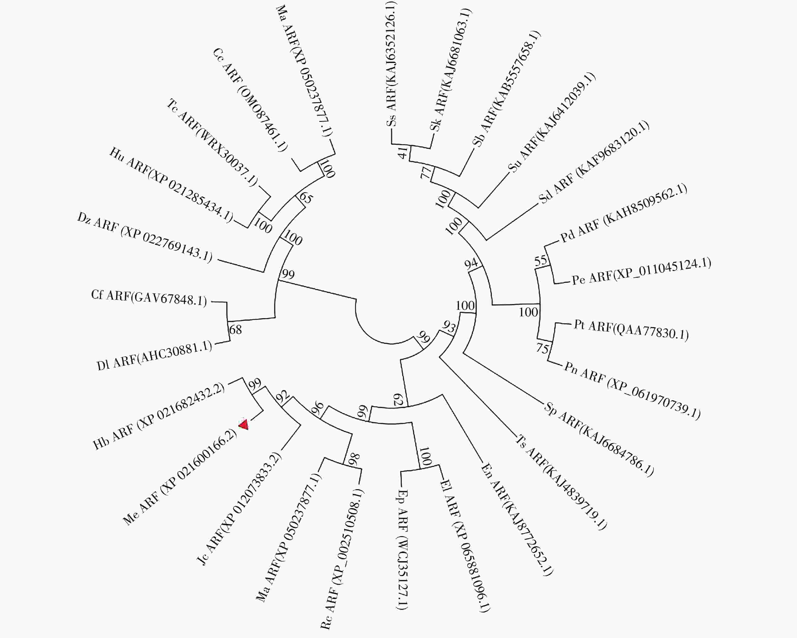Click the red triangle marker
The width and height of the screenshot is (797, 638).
click(244, 425)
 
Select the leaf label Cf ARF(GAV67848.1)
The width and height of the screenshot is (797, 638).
click(149, 298)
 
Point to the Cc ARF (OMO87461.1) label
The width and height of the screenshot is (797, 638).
click(250, 100)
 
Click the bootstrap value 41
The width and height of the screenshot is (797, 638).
click(403, 152)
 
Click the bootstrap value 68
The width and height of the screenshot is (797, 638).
click(236, 329)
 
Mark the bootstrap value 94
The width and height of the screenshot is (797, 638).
click(471, 264)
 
